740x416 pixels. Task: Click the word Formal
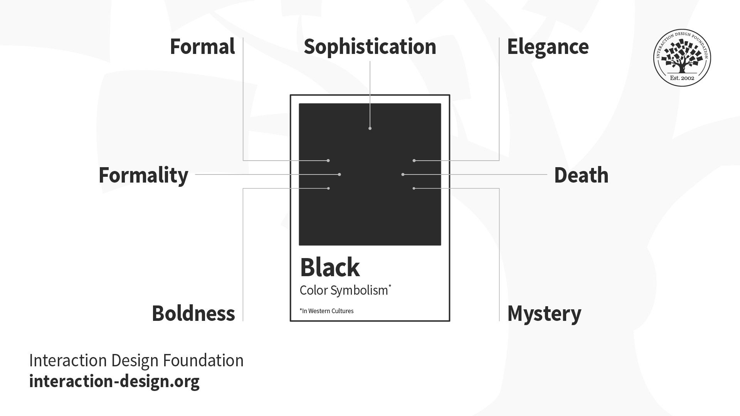point(202,47)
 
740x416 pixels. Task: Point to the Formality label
point(143,176)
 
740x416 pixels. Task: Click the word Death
point(581,175)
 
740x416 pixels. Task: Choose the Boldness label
point(193,313)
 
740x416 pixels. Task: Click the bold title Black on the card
point(330,267)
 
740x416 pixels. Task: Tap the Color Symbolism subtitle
point(345,290)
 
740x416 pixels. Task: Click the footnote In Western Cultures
point(326,311)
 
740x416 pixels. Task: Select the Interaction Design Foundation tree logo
point(682,58)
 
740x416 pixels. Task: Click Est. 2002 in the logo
point(682,78)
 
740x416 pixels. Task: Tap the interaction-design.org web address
point(114,381)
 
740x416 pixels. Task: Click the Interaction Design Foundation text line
point(136,361)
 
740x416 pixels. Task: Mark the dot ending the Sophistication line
point(370,128)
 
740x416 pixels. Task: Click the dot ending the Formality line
point(340,174)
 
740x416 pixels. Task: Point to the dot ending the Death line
point(403,174)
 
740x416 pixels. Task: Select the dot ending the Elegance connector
point(414,161)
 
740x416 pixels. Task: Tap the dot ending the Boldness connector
point(328,188)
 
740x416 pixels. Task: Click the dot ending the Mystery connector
point(414,188)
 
